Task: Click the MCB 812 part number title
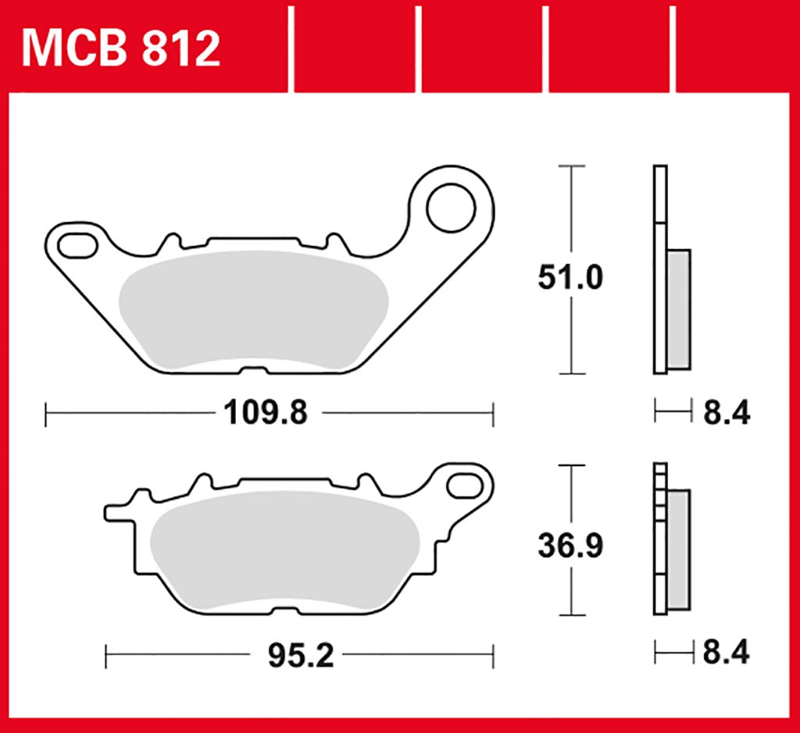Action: [121, 48]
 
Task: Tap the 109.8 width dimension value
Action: [266, 412]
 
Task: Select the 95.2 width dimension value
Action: [301, 656]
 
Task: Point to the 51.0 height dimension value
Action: [570, 277]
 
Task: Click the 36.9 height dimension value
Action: [570, 546]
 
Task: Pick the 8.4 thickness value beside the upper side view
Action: [727, 412]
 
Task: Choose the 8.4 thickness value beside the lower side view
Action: [726, 652]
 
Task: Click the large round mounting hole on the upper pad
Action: [451, 208]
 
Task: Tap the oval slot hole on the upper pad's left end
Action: [77, 246]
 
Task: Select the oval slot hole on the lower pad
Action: [466, 486]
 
